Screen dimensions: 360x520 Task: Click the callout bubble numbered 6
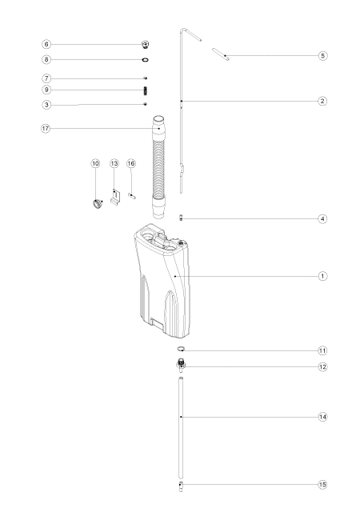click(46, 44)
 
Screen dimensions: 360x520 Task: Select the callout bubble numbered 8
click(46, 60)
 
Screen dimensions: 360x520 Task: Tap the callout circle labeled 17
click(46, 128)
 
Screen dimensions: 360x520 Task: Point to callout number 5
click(323, 55)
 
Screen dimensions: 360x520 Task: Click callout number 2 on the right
click(322, 101)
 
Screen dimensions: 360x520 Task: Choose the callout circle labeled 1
click(323, 276)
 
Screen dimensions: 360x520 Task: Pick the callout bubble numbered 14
click(323, 417)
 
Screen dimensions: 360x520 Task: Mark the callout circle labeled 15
click(322, 485)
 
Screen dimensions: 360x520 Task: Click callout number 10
click(95, 163)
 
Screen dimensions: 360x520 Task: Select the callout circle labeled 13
click(114, 163)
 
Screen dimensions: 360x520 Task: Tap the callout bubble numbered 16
click(131, 163)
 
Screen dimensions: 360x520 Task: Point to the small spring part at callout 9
click(145, 90)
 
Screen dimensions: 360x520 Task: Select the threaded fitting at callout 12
click(181, 365)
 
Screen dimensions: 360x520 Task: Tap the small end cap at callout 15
click(181, 486)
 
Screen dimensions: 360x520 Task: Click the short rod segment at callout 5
click(221, 54)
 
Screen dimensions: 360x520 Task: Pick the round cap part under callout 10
click(98, 203)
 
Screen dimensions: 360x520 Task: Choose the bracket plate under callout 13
click(115, 198)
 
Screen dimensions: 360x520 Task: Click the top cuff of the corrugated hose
click(158, 124)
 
